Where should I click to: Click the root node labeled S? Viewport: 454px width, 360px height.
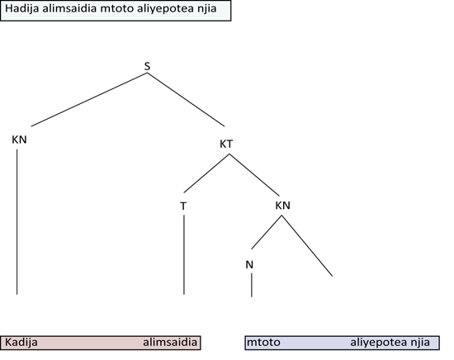(147, 66)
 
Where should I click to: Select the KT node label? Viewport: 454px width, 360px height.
(226, 144)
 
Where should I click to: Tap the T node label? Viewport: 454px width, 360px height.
(183, 206)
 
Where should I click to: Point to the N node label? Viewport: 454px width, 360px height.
(249, 265)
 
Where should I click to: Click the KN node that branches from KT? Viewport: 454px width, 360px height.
(282, 206)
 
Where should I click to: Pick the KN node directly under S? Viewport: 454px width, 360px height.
(20, 140)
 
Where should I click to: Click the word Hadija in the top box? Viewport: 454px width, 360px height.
(22, 9)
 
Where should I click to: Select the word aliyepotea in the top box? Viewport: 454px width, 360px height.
(162, 9)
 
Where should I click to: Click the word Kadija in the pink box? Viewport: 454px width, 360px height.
(21, 343)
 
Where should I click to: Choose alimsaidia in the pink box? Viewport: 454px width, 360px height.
(170, 343)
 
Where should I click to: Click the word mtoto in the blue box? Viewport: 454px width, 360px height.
(263, 343)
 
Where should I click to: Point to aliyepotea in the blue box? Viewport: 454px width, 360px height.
(376, 343)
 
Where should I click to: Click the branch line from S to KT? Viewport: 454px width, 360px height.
(186, 100)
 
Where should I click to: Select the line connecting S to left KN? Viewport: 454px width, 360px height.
(89, 99)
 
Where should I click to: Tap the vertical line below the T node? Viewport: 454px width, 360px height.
(184, 254)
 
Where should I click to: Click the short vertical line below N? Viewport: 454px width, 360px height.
(251, 285)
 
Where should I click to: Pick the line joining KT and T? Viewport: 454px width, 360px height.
(206, 173)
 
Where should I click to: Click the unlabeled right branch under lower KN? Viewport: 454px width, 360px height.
(307, 245)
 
